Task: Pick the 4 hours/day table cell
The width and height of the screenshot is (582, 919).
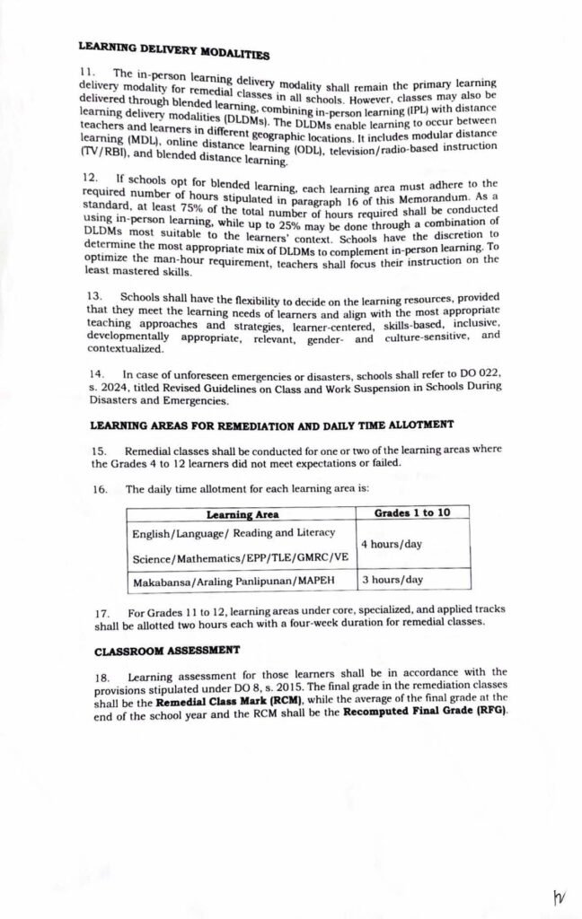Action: pos(392,545)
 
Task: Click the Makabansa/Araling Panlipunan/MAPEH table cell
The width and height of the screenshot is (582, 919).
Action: pos(233,581)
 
